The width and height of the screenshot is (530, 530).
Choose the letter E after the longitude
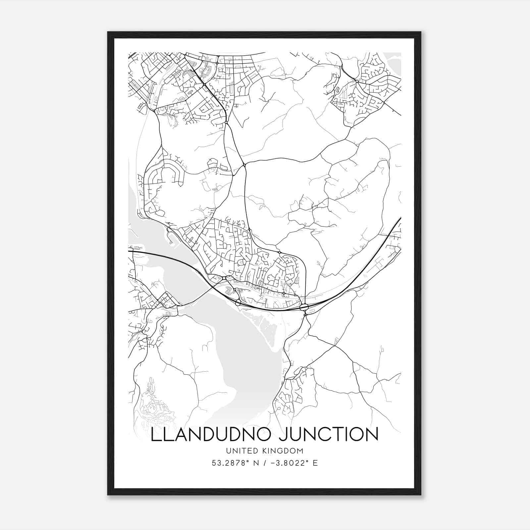pos(315,463)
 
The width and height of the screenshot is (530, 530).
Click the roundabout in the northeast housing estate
pos(357,81)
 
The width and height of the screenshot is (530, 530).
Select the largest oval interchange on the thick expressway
pos(304,307)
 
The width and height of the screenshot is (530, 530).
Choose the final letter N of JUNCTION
pos(372,435)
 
